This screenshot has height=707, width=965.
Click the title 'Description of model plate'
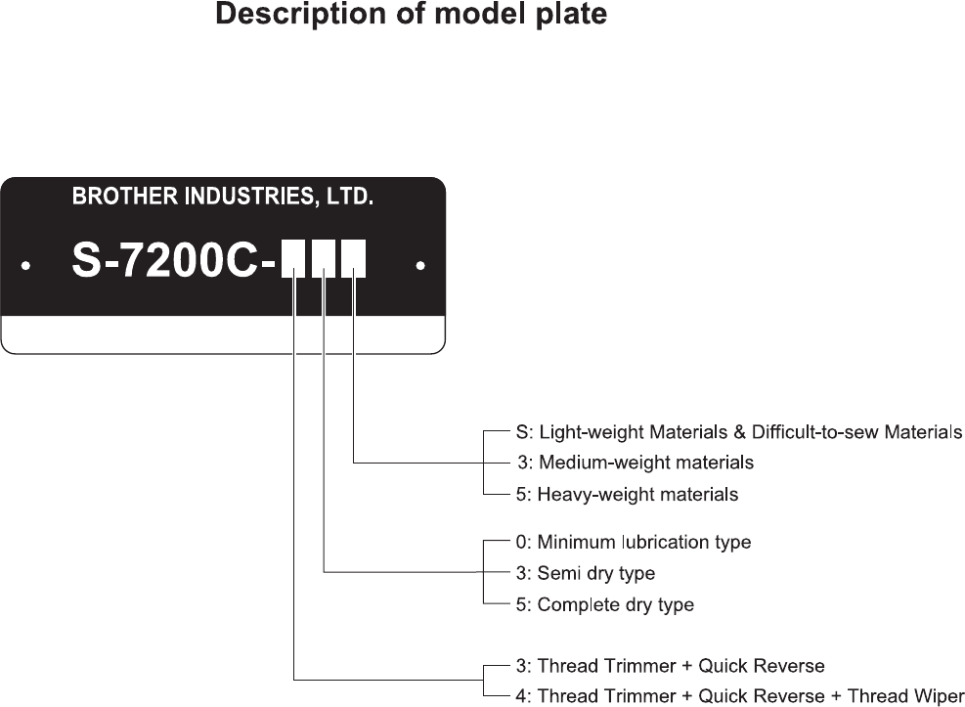[x=411, y=16]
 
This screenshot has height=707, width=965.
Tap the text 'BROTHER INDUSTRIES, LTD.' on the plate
[x=222, y=198]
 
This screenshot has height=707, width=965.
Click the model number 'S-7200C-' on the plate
[x=174, y=259]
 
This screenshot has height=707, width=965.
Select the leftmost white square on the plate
[x=293, y=259]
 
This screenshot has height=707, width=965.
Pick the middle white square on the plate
[x=324, y=259]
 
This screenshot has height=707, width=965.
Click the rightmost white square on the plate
[x=354, y=259]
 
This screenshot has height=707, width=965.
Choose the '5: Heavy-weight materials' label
[x=627, y=494]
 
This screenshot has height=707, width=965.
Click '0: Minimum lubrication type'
[x=634, y=542]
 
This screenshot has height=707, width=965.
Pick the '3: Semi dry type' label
[x=586, y=573]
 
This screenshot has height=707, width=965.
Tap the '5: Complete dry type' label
[x=605, y=604]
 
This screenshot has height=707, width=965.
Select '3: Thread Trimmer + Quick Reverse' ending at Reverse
[x=670, y=666]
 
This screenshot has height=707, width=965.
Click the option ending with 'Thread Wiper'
[x=739, y=696]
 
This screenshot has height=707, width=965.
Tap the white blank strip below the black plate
[x=222, y=333]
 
